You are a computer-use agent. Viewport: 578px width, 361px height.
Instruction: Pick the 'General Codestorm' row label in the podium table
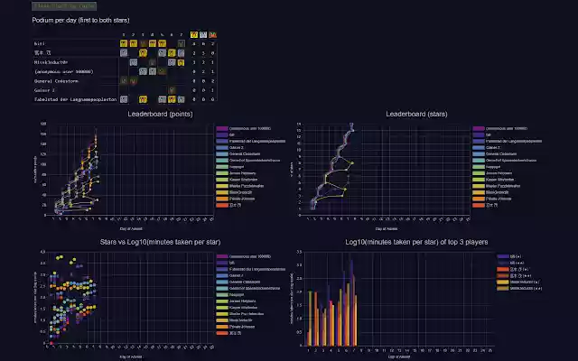58,80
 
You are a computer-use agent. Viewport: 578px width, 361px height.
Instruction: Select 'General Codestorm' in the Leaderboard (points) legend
243,154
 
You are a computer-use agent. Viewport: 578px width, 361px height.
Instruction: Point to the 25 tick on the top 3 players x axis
488,348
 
